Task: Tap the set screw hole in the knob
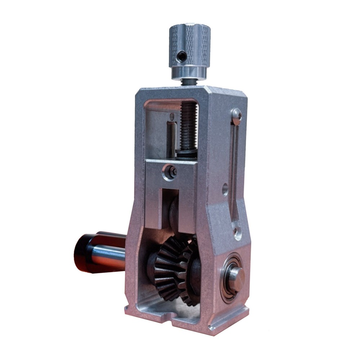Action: (x=182, y=56)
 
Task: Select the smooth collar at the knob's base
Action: (x=189, y=72)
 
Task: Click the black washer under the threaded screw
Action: (x=187, y=154)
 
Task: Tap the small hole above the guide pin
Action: (x=172, y=116)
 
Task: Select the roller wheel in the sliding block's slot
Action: (x=175, y=212)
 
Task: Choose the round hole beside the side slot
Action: (x=225, y=189)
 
